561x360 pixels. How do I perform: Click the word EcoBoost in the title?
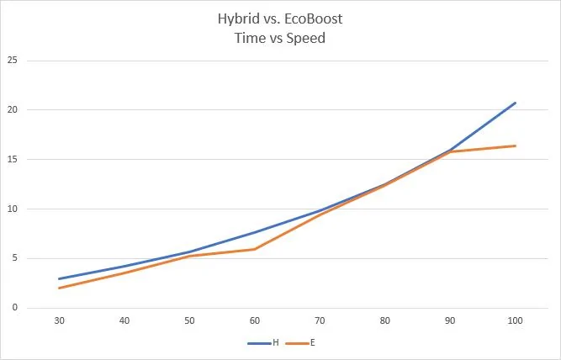313,19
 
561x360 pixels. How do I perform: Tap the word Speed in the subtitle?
306,39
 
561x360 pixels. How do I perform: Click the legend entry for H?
263,343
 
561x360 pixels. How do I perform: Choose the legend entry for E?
300,343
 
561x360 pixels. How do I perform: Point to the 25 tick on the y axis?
12,60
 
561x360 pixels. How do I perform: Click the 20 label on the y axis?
12,109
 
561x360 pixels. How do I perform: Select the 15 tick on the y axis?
12,159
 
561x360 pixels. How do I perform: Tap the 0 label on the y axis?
14,307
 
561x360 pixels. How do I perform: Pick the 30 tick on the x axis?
60,320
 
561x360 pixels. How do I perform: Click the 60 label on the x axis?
255,320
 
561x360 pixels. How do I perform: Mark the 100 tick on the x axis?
516,320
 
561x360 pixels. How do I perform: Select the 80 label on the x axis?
385,320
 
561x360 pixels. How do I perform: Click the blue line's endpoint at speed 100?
516,103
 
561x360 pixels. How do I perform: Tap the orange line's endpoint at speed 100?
516,146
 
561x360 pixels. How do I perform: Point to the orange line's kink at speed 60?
255,249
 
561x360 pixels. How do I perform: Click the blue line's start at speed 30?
60,278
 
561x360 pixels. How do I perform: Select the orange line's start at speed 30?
60,288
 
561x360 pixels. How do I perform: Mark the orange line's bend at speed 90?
450,151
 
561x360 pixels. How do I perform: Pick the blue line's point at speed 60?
255,232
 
